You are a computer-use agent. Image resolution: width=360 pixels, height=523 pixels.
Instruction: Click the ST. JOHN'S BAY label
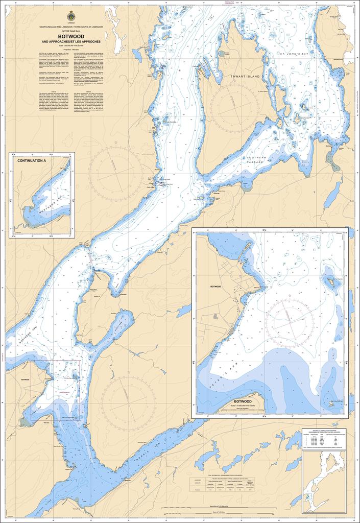tap(293, 53)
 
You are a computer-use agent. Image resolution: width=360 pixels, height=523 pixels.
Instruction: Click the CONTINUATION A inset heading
tap(32, 161)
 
